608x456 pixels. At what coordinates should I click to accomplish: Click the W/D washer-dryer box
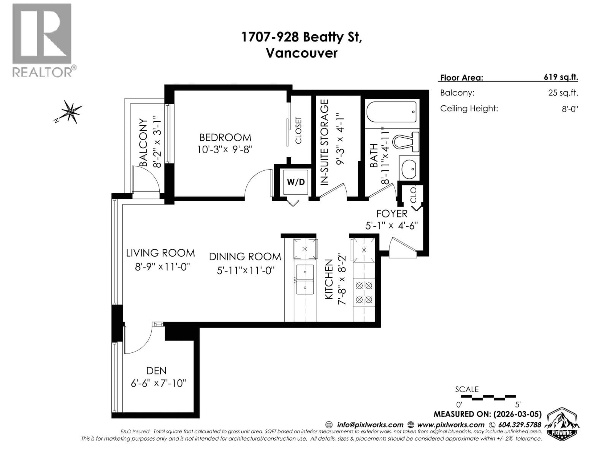coord(296,182)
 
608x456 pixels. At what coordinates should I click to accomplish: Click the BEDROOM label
coord(225,137)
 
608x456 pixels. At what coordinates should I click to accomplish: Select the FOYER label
coord(392,214)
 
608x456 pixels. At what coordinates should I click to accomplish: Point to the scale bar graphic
coord(488,397)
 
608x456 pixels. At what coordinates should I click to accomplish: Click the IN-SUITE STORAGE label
coord(325,142)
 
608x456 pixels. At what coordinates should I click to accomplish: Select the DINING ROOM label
coord(245,257)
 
